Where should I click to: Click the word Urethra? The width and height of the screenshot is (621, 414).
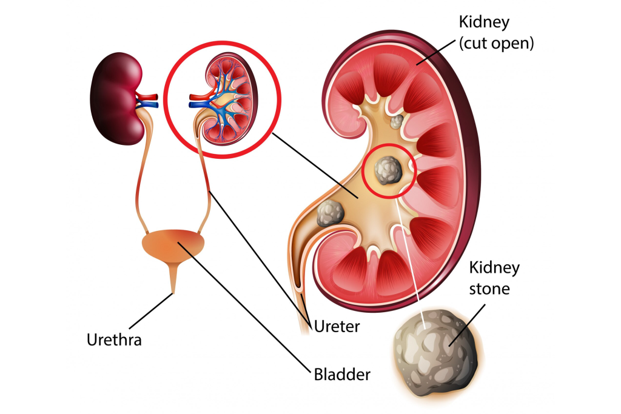tap(113, 339)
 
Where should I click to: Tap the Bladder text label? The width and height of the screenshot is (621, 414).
tap(341, 374)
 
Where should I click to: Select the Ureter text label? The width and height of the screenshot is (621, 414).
tap(337, 327)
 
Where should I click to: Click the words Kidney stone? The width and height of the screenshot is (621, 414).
tap(495, 278)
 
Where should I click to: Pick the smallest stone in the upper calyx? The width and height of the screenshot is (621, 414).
tap(397, 122)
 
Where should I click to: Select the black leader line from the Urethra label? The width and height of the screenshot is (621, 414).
tap(149, 312)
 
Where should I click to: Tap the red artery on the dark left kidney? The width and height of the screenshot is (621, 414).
tap(148, 96)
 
